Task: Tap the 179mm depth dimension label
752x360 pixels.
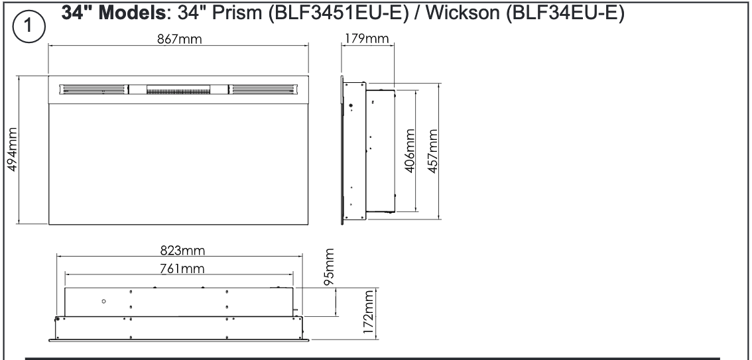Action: pyautogui.click(x=367, y=39)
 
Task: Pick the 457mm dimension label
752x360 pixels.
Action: pyautogui.click(x=433, y=151)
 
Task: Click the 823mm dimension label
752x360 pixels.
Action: pyautogui.click(x=182, y=250)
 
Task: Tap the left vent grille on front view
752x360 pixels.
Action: pyautogui.click(x=92, y=88)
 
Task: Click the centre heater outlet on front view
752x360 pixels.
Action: pyautogui.click(x=177, y=88)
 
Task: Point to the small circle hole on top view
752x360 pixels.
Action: pyautogui.click(x=103, y=301)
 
